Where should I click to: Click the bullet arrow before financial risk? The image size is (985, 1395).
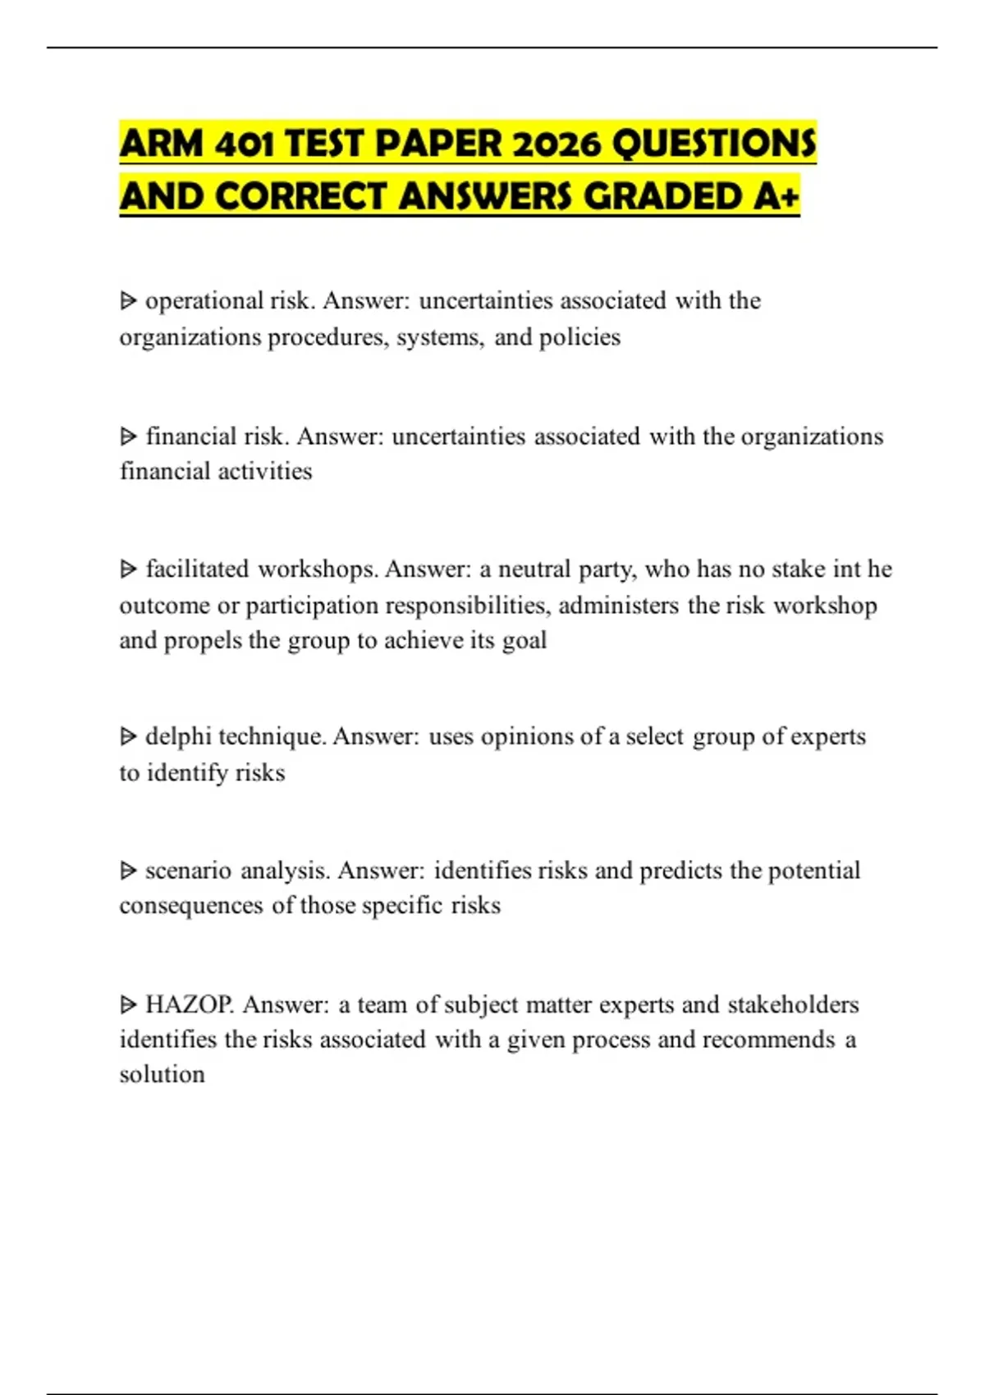click(x=128, y=437)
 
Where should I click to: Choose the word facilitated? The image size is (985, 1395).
click(x=197, y=569)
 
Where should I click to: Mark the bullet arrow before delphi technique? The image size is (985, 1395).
click(x=128, y=737)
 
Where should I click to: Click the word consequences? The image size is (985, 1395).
click(x=191, y=906)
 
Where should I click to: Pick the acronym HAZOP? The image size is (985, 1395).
click(x=189, y=1004)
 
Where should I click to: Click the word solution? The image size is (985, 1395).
click(x=162, y=1074)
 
